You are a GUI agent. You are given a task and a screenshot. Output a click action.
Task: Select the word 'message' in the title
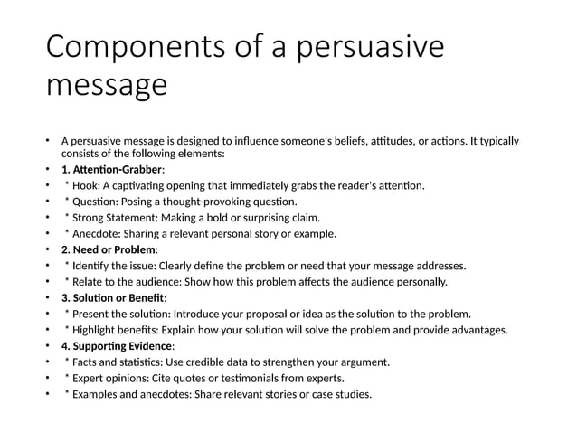[x=106, y=87]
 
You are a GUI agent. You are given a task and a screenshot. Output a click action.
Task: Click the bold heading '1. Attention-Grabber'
[x=112, y=169]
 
